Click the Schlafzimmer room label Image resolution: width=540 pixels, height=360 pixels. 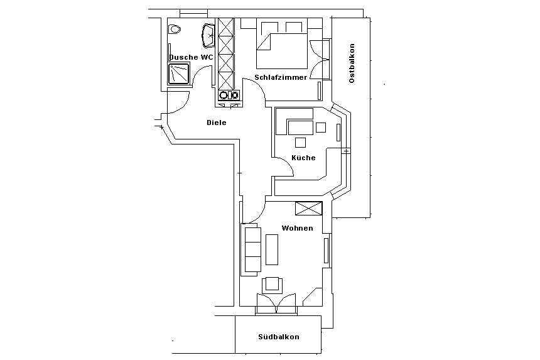281,77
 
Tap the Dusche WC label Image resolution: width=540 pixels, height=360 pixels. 191,57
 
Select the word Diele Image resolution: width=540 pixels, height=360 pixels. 217,123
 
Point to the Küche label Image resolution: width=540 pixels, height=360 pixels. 303,158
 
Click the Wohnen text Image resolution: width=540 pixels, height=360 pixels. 297,228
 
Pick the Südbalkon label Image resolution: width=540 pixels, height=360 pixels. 279,337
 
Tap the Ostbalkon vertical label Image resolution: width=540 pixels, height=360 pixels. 352,63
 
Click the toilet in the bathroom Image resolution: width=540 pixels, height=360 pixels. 175,29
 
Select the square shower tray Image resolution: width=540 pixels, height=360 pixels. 179,74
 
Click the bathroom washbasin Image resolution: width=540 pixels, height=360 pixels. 208,35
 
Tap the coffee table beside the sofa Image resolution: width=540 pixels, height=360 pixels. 272,249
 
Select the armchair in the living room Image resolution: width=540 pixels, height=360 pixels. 273,284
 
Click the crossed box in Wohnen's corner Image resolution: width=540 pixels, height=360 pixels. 308,209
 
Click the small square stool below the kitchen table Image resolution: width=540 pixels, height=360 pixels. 300,142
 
